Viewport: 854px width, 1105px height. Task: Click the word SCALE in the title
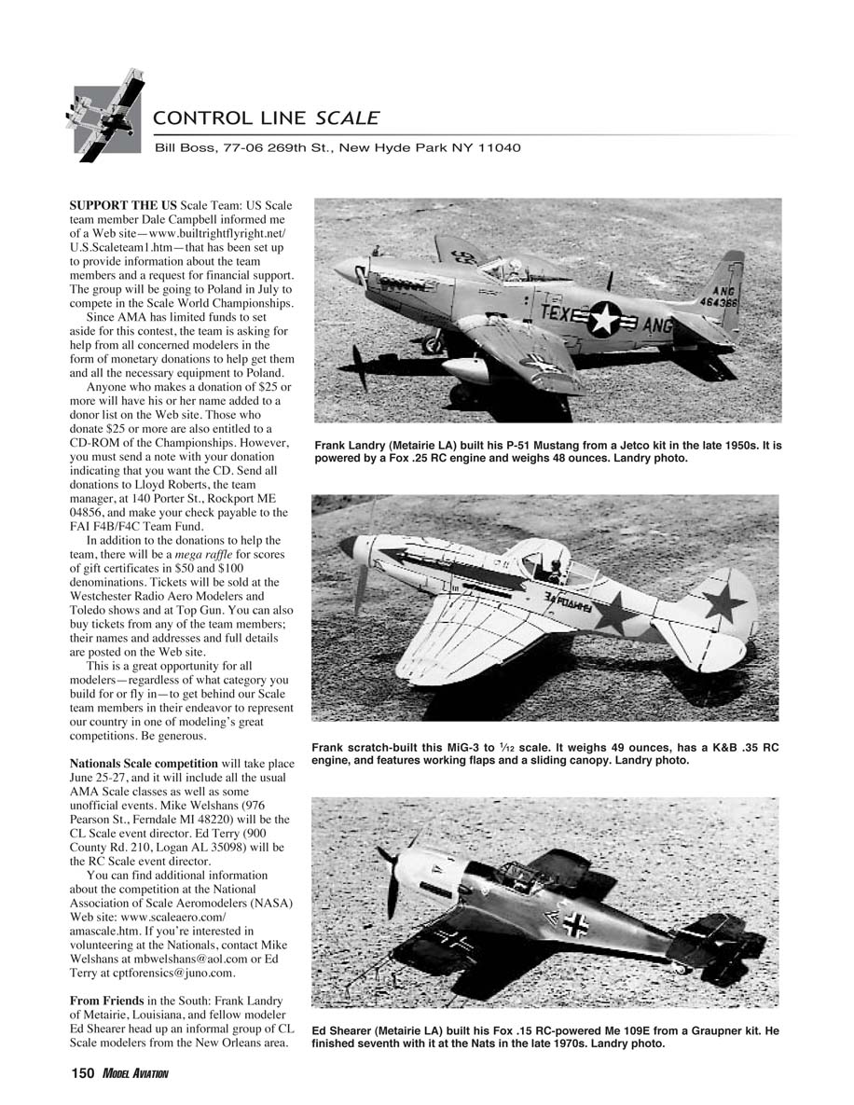tap(347, 118)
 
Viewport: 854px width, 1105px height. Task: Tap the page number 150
tap(83, 1073)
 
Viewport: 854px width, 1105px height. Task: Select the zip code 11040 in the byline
tap(499, 147)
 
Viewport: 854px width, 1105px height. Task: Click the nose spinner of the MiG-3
tap(348, 546)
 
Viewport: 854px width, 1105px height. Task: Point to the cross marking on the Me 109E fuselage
tap(574, 923)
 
